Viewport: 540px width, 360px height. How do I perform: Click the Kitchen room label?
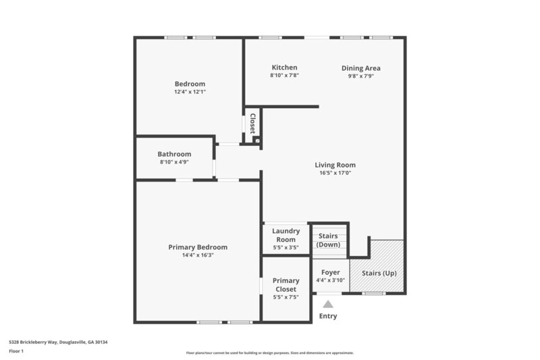tap(284, 68)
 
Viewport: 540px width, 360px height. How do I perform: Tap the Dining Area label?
tap(360, 68)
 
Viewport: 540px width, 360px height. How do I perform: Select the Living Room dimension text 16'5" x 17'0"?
tap(335, 173)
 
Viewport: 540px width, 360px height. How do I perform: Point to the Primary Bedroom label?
tap(198, 247)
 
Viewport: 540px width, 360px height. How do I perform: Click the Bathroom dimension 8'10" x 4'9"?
tap(174, 162)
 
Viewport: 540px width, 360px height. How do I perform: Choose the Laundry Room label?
tap(286, 235)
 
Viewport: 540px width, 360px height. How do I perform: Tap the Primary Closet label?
tap(286, 285)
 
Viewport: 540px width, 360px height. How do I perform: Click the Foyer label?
tap(330, 272)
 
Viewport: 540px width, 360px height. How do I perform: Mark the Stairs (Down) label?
tap(328, 240)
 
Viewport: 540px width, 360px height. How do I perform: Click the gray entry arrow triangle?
tap(328, 305)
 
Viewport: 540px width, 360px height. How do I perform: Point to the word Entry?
tap(328, 316)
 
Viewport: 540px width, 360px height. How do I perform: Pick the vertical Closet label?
tap(252, 124)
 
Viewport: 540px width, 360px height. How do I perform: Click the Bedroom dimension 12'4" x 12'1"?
tap(189, 91)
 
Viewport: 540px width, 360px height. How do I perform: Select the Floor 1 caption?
tap(16, 351)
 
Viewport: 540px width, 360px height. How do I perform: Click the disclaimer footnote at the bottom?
tap(269, 353)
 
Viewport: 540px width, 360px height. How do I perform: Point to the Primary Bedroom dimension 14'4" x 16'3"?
tap(198, 255)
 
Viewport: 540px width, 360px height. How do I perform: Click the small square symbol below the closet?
tap(256, 140)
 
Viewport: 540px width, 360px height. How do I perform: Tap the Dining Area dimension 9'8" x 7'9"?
tap(360, 76)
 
